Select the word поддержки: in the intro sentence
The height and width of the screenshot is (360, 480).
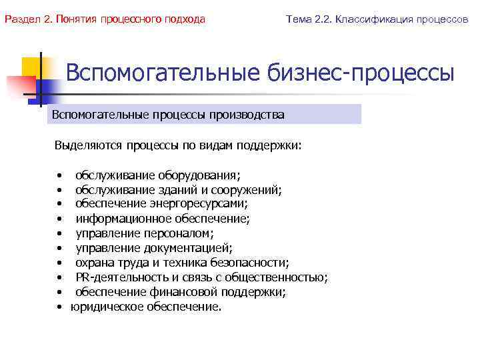coord(273,145)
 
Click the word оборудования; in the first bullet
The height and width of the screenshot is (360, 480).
coord(199,175)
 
